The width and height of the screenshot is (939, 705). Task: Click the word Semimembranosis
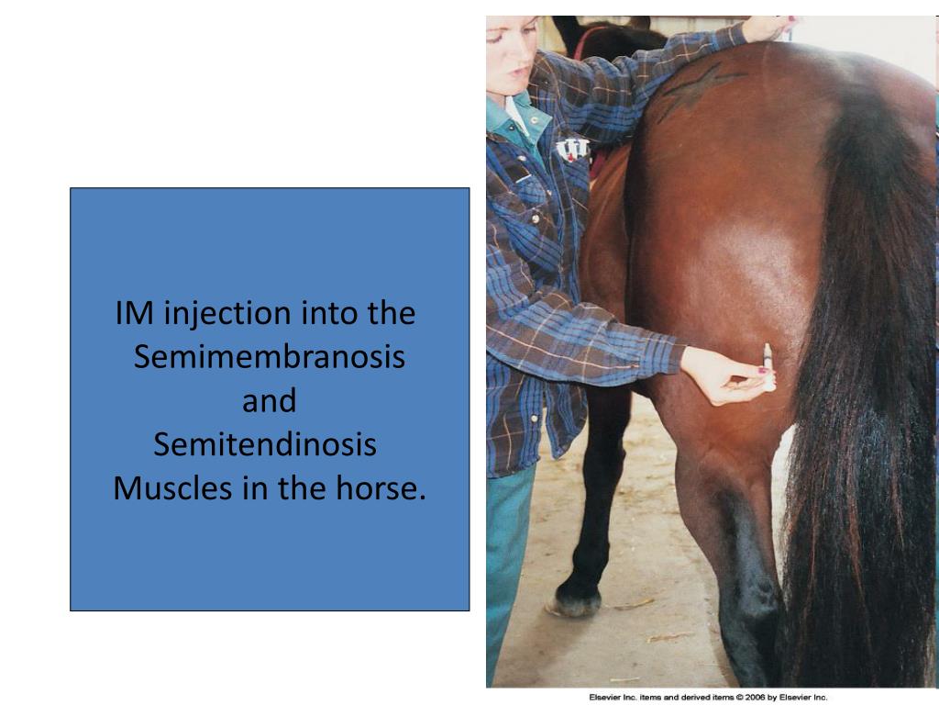pos(269,357)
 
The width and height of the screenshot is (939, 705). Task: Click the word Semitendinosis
pos(265,445)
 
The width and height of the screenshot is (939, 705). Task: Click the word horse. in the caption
pos(381,488)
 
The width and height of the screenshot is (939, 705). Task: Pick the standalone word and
pos(269,401)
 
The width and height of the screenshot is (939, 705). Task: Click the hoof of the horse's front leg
pos(575,601)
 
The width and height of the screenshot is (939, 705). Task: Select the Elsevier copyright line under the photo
pos(708,697)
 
